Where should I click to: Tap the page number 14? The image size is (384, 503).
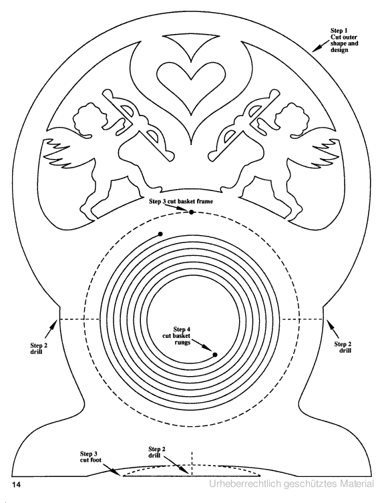coord(16,484)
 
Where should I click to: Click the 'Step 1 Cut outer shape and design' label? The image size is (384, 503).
coord(344,41)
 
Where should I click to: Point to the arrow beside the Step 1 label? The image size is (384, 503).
coord(320,47)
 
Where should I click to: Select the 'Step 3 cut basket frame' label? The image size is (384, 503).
coord(181,202)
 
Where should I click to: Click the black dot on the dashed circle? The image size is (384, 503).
coord(192,212)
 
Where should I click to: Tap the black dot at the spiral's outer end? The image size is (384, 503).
coord(160,234)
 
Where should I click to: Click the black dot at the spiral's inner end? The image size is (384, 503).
coord(215,355)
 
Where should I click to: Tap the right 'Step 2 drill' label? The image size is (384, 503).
coord(343,347)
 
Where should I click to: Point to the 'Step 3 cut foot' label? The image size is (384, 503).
coord(90,457)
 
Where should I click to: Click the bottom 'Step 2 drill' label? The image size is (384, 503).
coord(157,452)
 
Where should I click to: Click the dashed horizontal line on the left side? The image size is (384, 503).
coord(79,319)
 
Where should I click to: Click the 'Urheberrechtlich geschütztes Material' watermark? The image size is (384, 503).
coord(292,484)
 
